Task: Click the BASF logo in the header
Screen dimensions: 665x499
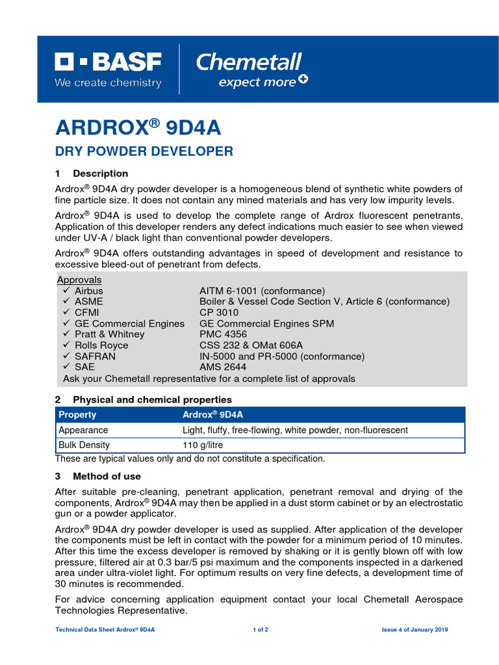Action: click(x=108, y=63)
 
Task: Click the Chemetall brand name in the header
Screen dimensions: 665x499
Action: click(x=249, y=62)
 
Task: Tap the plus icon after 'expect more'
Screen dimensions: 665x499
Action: click(x=303, y=80)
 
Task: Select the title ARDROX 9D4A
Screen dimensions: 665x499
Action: click(x=138, y=128)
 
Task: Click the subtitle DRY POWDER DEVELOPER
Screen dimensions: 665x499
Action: click(x=144, y=151)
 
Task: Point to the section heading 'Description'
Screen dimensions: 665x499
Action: click(x=100, y=173)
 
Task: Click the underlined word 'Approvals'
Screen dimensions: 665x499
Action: click(x=79, y=280)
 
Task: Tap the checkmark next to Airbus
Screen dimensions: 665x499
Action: click(x=66, y=291)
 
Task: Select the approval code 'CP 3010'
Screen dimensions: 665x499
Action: click(x=219, y=312)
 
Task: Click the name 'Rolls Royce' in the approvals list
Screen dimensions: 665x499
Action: click(x=101, y=345)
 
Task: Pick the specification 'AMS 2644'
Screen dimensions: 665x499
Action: click(x=223, y=367)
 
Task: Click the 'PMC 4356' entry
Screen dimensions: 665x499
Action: click(x=223, y=334)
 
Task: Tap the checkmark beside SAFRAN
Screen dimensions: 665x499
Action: click(x=66, y=357)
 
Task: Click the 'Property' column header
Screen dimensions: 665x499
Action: click(x=77, y=414)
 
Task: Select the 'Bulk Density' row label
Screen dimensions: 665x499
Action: click(x=84, y=445)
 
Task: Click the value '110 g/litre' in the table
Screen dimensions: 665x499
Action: click(x=204, y=445)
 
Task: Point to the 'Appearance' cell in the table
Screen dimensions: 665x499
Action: click(x=83, y=430)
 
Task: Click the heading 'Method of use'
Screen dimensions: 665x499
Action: click(x=107, y=476)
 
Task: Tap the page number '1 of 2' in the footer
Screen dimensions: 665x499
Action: click(x=260, y=630)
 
